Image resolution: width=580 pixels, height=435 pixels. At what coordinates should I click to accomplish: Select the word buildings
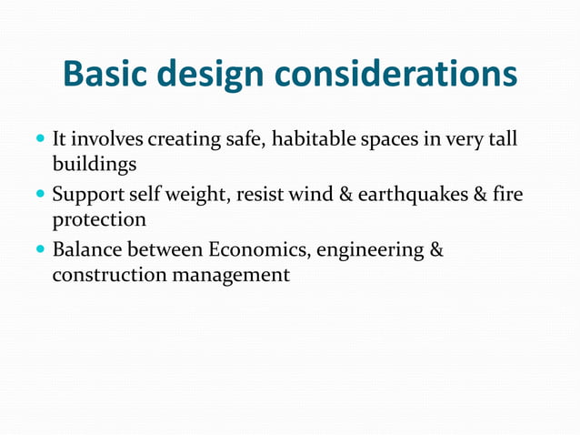coord(95,167)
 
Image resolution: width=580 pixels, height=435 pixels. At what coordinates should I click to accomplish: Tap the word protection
coord(99,220)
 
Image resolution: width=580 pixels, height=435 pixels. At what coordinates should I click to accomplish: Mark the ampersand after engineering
coord(435,248)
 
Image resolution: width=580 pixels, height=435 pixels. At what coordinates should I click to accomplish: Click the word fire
coord(507,194)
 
